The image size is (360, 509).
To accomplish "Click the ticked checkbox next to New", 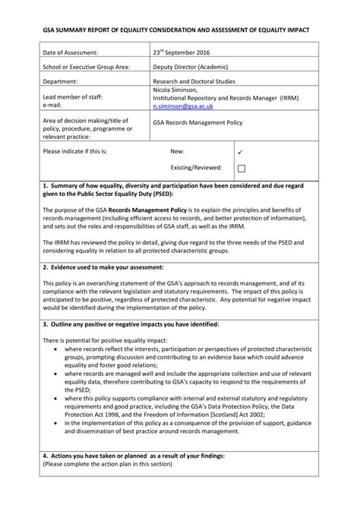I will tap(241, 151).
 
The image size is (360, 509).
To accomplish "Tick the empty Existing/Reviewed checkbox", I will tap(241, 168).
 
